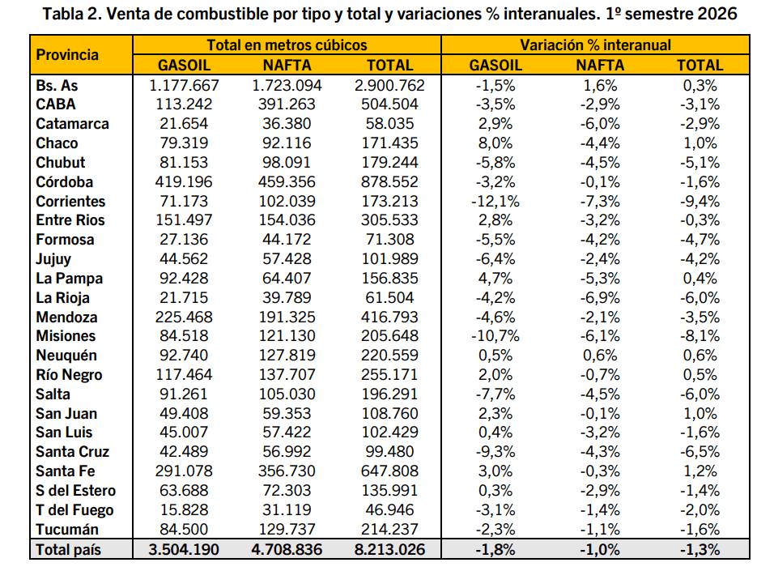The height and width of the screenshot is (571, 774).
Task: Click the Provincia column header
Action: pos(67,55)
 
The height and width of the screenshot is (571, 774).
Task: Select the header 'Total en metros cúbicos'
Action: pos(287,45)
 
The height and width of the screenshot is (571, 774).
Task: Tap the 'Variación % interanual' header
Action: pos(595,45)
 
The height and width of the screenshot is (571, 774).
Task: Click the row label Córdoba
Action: pos(64,181)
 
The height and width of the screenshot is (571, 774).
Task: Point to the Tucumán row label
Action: pos(67,529)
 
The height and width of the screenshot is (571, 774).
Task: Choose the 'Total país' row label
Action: pos(68,549)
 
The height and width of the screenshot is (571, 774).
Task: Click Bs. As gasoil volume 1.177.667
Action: pos(184,86)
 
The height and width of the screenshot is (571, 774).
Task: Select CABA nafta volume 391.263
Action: pos(287,104)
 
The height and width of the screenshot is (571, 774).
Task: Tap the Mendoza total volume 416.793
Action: pos(389,317)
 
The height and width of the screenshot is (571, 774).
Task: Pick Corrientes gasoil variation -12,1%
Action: pos(495,201)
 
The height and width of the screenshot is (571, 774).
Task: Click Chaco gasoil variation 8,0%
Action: pos(495,143)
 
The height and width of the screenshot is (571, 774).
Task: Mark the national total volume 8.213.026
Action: pos(389,549)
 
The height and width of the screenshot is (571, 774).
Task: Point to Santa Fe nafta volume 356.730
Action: pos(287,471)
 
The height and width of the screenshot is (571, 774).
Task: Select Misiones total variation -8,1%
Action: pos(700,336)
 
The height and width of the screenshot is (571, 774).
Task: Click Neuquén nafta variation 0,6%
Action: pos(600,355)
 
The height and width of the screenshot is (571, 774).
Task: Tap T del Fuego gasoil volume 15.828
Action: pos(184,509)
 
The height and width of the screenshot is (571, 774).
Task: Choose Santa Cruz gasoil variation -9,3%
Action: pos(495,451)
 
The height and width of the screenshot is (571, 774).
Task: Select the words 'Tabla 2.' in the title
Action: pos(72,13)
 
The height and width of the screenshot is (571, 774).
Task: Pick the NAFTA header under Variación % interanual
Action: pos(600,66)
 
